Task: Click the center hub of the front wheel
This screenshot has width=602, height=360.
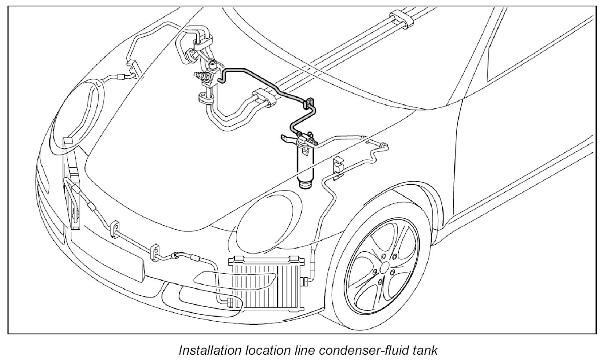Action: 384,267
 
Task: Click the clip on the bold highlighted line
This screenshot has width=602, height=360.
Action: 309,104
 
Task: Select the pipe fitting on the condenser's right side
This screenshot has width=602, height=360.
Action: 304,280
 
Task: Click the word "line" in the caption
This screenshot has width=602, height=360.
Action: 303,350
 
